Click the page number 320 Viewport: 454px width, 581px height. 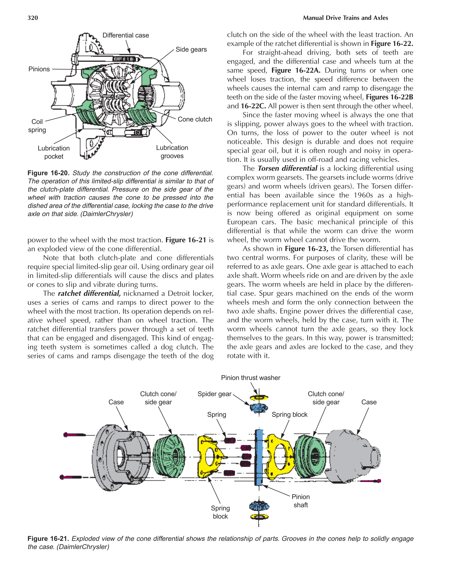click(33, 18)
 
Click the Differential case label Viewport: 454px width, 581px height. click(125, 35)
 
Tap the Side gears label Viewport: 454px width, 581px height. click(191, 50)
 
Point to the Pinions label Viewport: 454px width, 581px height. click(39, 69)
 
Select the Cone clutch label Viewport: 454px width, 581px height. click(195, 119)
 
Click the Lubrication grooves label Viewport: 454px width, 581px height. click(172, 152)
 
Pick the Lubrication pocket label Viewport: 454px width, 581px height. click(54, 152)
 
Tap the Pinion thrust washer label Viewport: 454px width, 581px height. click(250, 378)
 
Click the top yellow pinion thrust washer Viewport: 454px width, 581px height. click(259, 398)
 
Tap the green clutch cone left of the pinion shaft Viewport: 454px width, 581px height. click(169, 456)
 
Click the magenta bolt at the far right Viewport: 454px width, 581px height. click(371, 481)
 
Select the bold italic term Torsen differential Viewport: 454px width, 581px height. click(287, 169)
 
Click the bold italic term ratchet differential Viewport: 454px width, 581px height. click(89, 293)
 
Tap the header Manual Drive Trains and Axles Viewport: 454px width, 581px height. click(345, 18)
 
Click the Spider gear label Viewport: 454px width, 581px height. click(214, 394)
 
